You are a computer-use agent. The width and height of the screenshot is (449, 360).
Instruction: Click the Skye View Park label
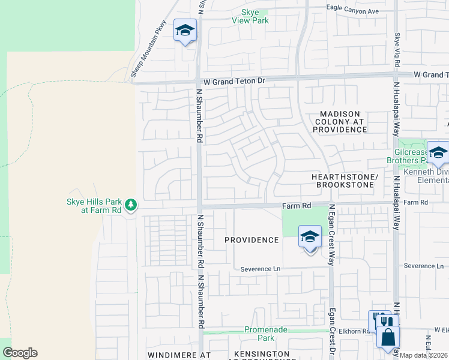250,16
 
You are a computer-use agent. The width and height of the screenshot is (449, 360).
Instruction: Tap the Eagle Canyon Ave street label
352,11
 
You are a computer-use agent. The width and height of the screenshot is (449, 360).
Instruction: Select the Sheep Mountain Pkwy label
148,49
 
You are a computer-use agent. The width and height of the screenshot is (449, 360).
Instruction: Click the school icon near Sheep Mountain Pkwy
185,30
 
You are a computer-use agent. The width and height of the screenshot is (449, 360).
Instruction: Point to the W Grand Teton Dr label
234,80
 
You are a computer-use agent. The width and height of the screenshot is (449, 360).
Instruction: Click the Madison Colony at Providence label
340,121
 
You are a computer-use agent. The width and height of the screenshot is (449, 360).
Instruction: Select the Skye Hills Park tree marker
131,206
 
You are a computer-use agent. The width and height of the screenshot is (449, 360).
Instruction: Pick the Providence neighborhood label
252,240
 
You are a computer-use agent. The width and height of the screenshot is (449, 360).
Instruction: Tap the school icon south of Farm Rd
310,237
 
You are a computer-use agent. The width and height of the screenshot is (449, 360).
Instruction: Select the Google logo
20,353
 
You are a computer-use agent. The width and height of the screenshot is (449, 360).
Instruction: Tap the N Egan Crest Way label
331,234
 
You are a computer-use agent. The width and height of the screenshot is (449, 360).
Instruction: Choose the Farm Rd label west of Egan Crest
297,206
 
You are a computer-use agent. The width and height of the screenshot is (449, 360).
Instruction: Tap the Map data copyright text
424,355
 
